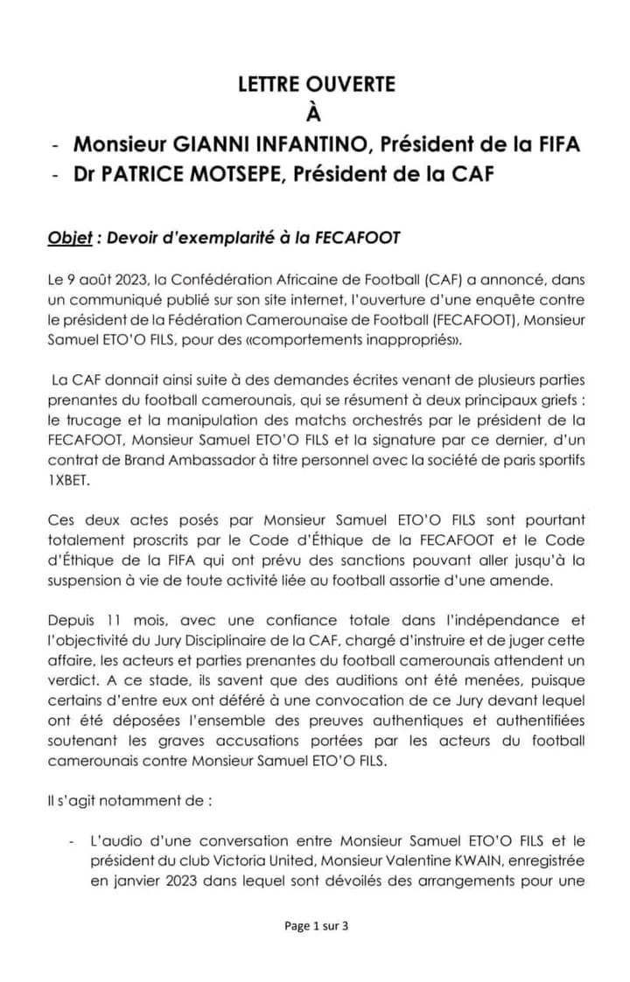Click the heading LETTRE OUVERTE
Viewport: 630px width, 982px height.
point(316,85)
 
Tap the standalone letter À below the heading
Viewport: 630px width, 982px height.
point(316,113)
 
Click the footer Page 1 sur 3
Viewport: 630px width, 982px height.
point(316,926)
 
